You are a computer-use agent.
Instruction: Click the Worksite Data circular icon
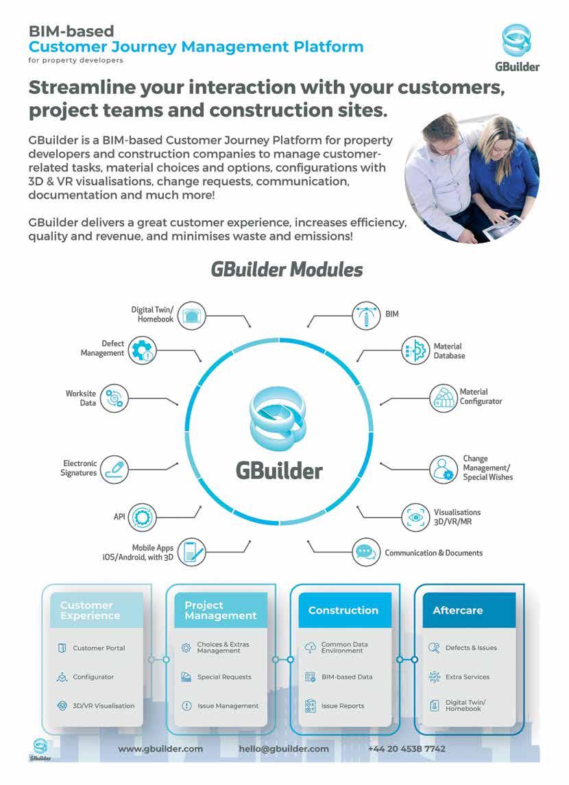coord(114,398)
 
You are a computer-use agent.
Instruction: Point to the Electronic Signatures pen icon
coord(113,468)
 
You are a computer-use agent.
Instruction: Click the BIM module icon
coord(366,314)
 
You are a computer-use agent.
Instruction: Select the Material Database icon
coord(415,350)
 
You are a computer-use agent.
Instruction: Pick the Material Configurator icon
coord(444,397)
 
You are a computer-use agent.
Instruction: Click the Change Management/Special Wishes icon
coord(444,468)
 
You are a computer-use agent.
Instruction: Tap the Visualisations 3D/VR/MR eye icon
coord(415,516)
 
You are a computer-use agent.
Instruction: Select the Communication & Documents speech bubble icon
coord(366,552)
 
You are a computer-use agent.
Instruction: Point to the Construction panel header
coord(344,610)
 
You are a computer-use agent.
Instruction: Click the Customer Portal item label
coord(99,648)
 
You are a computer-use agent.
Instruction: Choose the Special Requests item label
coord(224,677)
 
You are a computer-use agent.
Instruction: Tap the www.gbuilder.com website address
coord(160,749)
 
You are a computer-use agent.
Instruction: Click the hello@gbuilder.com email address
coord(284,749)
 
